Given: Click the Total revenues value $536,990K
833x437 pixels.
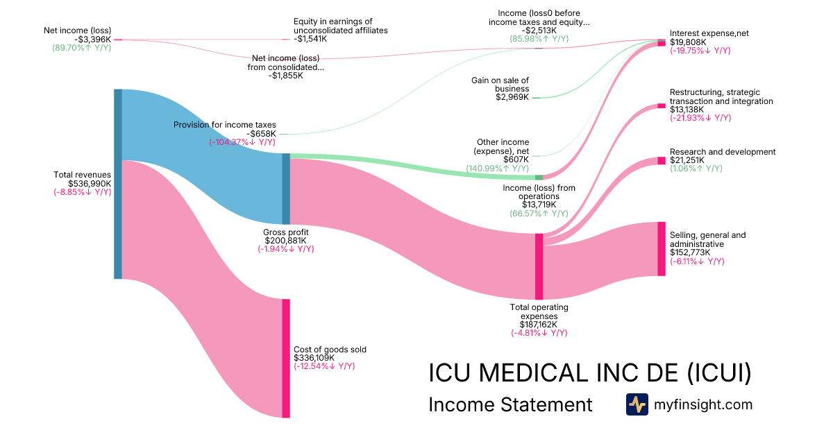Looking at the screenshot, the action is pyautogui.click(x=90, y=183).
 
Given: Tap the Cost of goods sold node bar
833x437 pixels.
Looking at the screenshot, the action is pyautogui.click(x=285, y=358).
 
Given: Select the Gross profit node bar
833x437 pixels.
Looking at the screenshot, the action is pyautogui.click(x=285, y=189).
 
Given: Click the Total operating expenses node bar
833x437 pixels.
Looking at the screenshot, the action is pyautogui.click(x=539, y=266).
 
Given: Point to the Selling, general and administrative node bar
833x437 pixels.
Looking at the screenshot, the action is pyautogui.click(x=662, y=248).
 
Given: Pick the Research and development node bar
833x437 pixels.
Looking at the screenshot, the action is pyautogui.click(x=662, y=160).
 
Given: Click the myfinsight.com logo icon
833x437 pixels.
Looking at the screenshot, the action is pyautogui.click(x=637, y=404).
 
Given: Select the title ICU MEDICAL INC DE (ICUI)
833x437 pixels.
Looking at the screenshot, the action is pyautogui.click(x=590, y=372).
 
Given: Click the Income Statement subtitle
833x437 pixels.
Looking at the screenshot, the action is pyautogui.click(x=510, y=404).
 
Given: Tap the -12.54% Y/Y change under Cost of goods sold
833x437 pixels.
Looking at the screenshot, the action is pyautogui.click(x=324, y=366).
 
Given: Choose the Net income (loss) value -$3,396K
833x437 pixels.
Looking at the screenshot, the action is pyautogui.click(x=92, y=39).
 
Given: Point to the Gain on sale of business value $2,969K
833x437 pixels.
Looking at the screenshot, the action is pyautogui.click(x=512, y=97).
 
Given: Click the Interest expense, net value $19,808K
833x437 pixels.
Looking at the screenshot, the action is pyautogui.click(x=688, y=42).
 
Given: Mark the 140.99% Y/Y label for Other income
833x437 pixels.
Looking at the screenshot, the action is pyautogui.click(x=497, y=169).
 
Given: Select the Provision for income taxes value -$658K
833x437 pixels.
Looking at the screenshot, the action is pyautogui.click(x=262, y=133).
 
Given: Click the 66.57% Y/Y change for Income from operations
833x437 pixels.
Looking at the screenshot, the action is pyautogui.click(x=539, y=214).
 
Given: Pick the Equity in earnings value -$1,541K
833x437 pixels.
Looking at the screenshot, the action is pyautogui.click(x=310, y=39).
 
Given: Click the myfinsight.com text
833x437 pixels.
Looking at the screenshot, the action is pyautogui.click(x=703, y=404).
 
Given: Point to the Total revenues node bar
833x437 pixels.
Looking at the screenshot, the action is pyautogui.click(x=118, y=184).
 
